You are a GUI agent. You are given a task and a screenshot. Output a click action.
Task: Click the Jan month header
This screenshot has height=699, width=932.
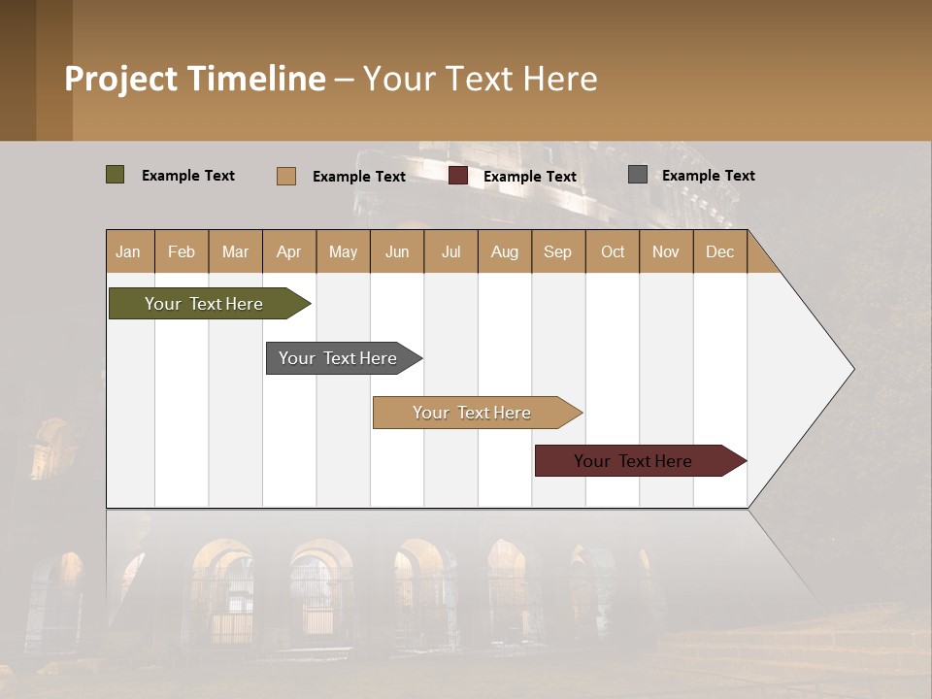point(128,251)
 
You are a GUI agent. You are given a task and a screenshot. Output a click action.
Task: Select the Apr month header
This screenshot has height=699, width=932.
point(288,251)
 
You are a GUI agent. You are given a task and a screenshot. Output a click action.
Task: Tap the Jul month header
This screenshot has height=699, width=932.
point(450,251)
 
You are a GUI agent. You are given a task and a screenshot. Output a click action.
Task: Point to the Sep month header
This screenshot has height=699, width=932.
point(557,251)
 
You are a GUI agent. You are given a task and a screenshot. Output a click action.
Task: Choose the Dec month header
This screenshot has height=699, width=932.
point(719,251)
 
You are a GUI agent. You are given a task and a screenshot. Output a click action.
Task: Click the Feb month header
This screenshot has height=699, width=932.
point(182,251)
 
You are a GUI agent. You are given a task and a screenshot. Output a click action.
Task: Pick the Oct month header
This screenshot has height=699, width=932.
point(613,251)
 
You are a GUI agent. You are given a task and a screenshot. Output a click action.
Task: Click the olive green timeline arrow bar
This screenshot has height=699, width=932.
point(204,304)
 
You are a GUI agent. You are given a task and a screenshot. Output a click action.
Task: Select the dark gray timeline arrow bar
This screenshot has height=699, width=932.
point(338,358)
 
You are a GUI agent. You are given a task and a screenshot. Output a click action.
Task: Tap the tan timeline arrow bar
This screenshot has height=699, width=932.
point(472,413)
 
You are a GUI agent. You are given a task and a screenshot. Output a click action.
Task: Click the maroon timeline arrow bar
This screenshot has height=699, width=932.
point(633,461)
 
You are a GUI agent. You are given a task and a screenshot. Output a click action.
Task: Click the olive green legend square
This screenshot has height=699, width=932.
point(115,175)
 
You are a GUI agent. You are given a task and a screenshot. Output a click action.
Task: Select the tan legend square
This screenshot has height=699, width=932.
point(285,176)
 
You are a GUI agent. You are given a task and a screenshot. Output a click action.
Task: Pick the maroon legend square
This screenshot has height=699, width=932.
point(458,176)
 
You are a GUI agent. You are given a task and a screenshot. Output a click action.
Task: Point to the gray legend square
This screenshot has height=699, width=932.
point(638,175)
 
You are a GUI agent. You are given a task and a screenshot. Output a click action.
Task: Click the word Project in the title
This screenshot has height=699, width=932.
point(119,79)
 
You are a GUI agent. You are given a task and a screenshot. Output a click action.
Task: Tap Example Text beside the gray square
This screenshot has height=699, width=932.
point(708,175)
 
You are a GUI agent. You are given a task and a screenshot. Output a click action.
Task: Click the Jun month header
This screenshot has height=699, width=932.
point(397,251)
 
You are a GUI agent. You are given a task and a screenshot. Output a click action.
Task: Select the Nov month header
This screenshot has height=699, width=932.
point(666,251)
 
